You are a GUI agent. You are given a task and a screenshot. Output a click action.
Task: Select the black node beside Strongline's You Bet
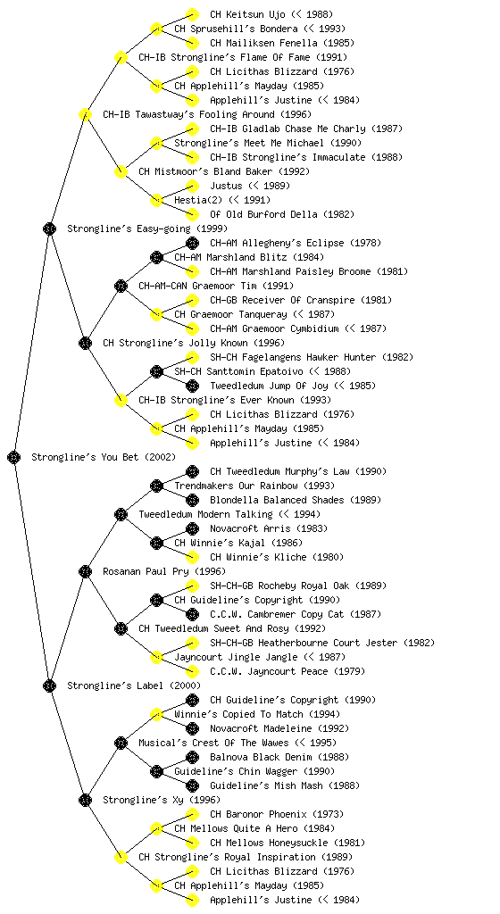(x=14, y=457)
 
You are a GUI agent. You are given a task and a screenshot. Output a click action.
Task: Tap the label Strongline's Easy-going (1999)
(x=147, y=228)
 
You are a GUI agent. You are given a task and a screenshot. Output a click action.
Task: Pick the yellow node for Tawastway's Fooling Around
(x=85, y=114)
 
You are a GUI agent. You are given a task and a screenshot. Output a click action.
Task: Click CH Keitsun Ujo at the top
(x=247, y=14)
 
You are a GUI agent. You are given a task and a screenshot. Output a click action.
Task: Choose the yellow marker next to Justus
(x=192, y=186)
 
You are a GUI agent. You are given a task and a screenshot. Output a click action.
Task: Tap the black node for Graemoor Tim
(x=121, y=286)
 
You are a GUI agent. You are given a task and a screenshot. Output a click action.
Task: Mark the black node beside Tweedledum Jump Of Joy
(x=192, y=386)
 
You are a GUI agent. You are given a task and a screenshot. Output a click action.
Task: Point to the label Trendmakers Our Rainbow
(x=236, y=486)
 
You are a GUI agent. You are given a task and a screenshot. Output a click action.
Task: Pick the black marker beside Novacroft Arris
(x=192, y=528)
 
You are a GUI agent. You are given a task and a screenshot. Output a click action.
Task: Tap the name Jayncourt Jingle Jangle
(x=236, y=657)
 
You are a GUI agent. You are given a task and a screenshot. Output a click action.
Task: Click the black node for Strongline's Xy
(x=85, y=800)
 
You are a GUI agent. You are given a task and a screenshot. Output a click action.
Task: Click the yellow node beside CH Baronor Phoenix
(x=192, y=814)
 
